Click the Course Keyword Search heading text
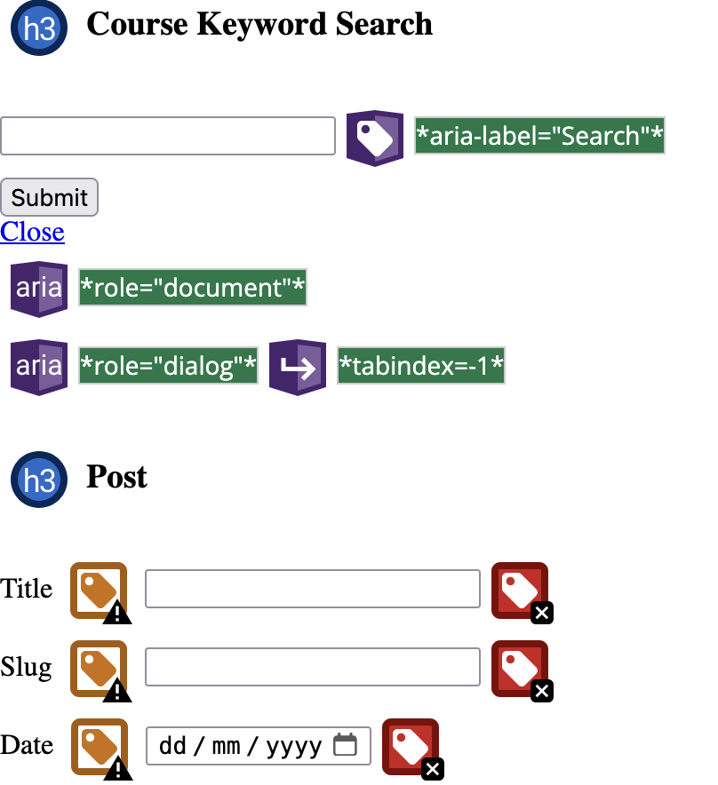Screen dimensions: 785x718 [259, 25]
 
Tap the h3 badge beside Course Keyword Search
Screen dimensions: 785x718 [39, 28]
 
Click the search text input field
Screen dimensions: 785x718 [168, 136]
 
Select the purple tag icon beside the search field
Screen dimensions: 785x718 [374, 138]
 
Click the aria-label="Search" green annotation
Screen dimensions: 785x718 [539, 136]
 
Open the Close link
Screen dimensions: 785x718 [32, 232]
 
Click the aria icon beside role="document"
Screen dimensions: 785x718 [39, 289]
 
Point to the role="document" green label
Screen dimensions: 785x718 [193, 288]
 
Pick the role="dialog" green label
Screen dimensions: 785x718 [169, 366]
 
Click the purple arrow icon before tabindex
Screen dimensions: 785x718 [298, 367]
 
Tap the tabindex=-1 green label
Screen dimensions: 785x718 [421, 366]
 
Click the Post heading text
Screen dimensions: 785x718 [116, 478]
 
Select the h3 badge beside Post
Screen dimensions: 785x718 [39, 480]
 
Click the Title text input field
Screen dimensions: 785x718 [313, 589]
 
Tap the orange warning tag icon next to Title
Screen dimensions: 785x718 [99, 591]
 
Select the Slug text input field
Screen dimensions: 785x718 [313, 667]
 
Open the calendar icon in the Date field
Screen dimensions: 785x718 [345, 745]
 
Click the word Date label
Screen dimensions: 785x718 [27, 745]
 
